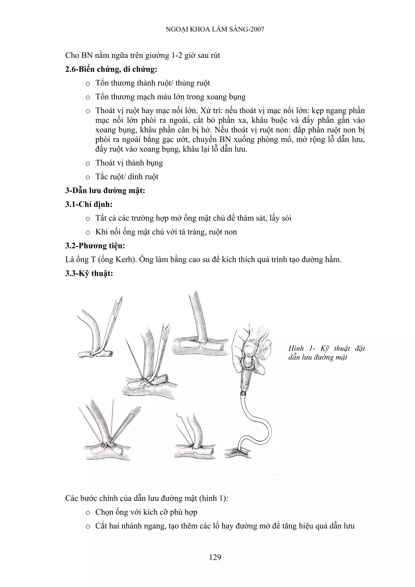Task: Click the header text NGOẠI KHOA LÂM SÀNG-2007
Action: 215,29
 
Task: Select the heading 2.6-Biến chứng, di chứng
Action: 111,69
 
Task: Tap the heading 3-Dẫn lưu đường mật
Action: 105,190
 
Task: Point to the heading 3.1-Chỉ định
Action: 89,204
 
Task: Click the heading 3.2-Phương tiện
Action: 95,246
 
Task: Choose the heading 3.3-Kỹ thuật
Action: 89,273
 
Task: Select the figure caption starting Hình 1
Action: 326,353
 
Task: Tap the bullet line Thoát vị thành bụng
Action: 129,163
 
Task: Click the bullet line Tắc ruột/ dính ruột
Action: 127,177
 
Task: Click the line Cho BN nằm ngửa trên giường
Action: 142,56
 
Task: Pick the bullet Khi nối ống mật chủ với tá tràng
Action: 166,232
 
